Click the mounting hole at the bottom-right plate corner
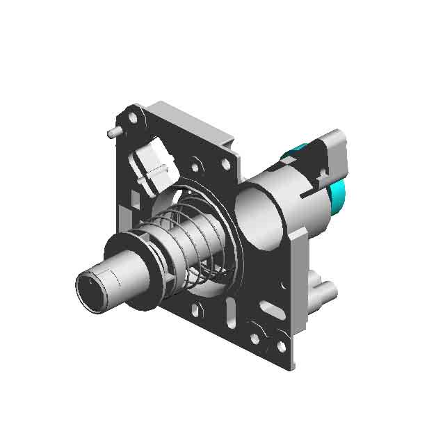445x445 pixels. tap(281, 346)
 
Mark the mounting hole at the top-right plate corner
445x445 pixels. tap(225, 165)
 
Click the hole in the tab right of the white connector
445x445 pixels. tap(195, 167)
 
